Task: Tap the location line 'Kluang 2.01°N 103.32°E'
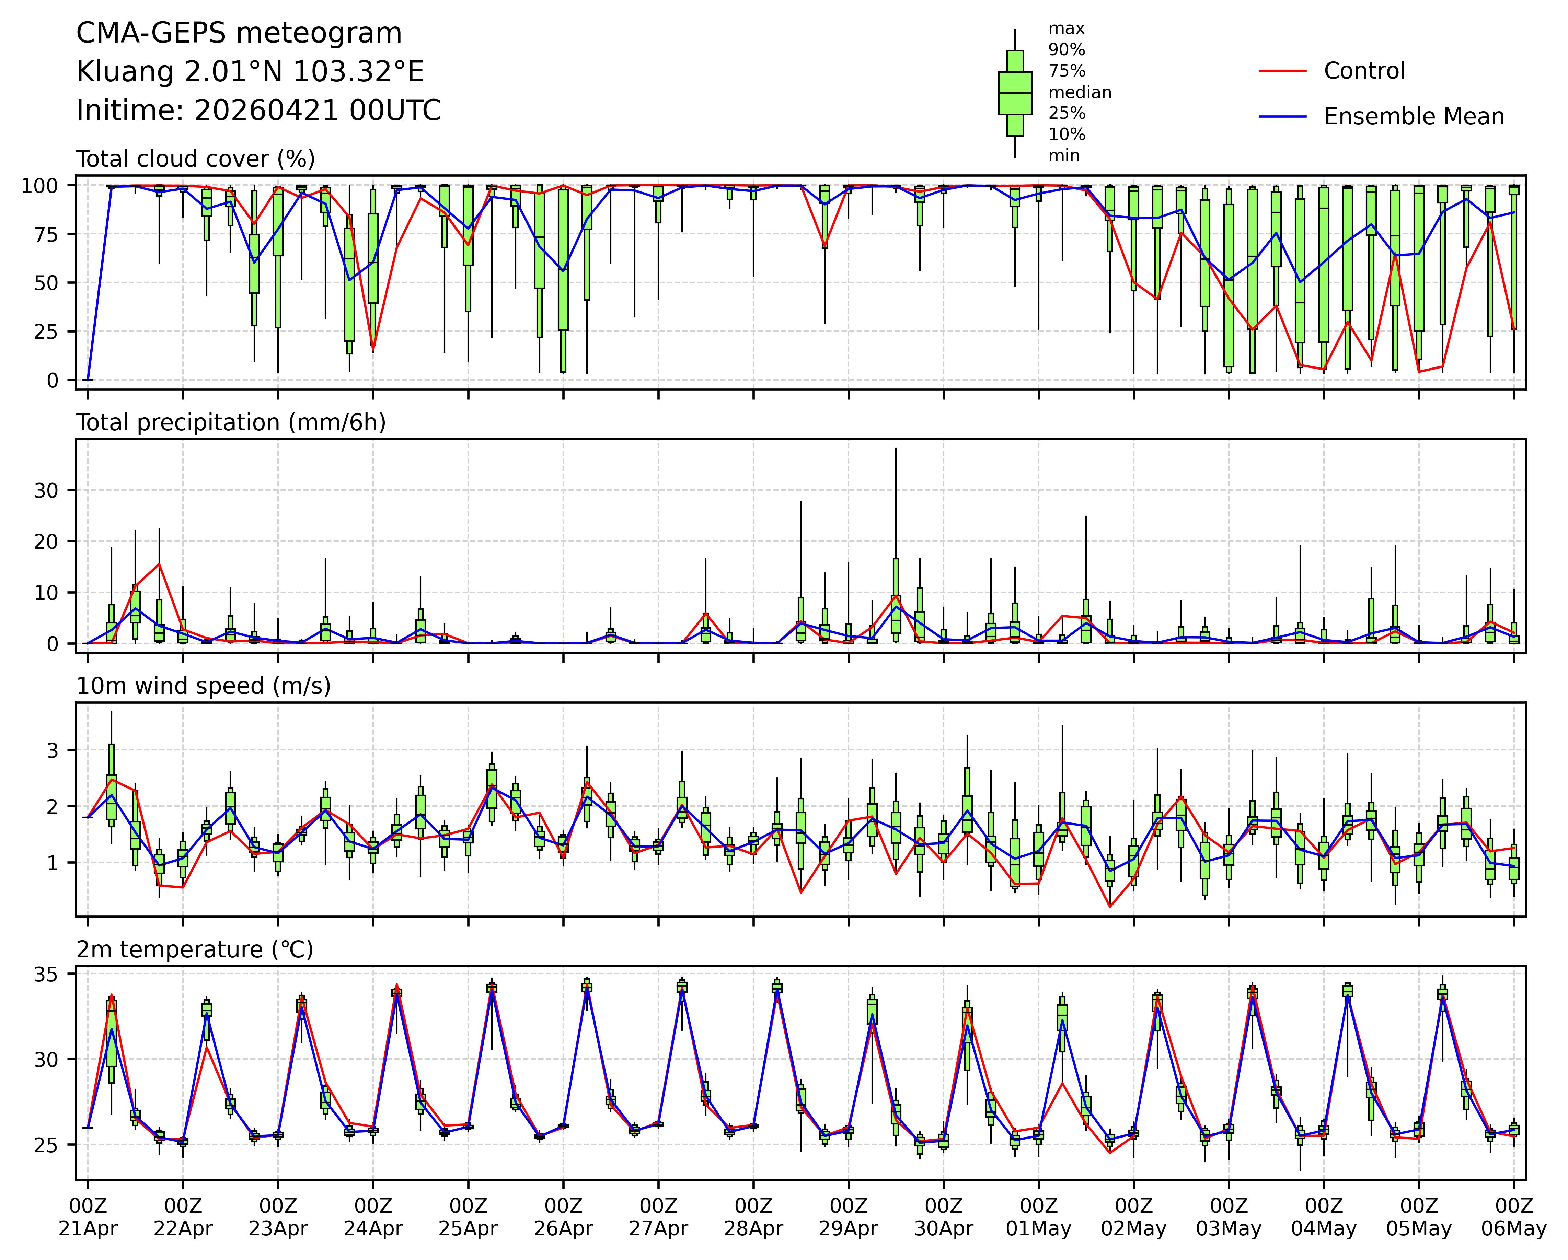point(250,72)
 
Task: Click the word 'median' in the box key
point(1079,92)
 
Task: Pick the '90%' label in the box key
point(1066,49)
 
